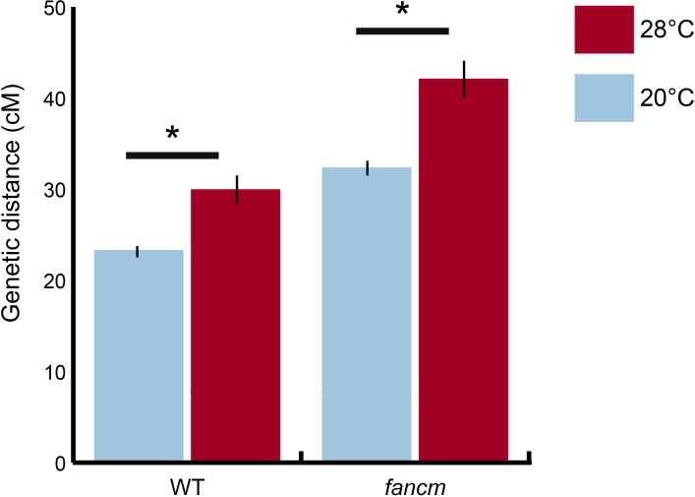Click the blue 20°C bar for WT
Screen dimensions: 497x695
tap(139, 354)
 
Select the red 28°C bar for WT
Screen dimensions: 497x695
tap(235, 325)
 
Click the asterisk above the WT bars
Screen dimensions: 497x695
tap(173, 134)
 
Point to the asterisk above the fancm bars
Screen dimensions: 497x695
tap(402, 12)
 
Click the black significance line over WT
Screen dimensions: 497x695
tap(172, 155)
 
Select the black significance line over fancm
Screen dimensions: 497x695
tap(402, 31)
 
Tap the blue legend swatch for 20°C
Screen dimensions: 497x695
tap(606, 101)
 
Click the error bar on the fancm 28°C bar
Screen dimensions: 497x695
tap(463, 79)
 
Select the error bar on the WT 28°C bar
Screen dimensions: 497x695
tap(236, 189)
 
